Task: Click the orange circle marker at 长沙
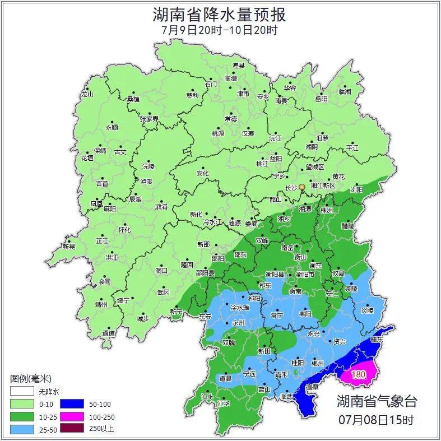click(x=302, y=187)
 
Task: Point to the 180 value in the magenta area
click(x=359, y=374)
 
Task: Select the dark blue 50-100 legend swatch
click(x=72, y=403)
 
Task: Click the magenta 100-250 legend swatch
click(x=72, y=416)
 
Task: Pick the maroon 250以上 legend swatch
click(x=72, y=429)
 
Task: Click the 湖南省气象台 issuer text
click(x=377, y=401)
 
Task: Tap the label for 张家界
click(x=149, y=119)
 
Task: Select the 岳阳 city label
click(x=321, y=99)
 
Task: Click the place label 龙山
click(x=87, y=94)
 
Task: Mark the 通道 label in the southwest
click(x=109, y=334)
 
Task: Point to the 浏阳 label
click(x=356, y=189)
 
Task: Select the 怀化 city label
click(x=124, y=230)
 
